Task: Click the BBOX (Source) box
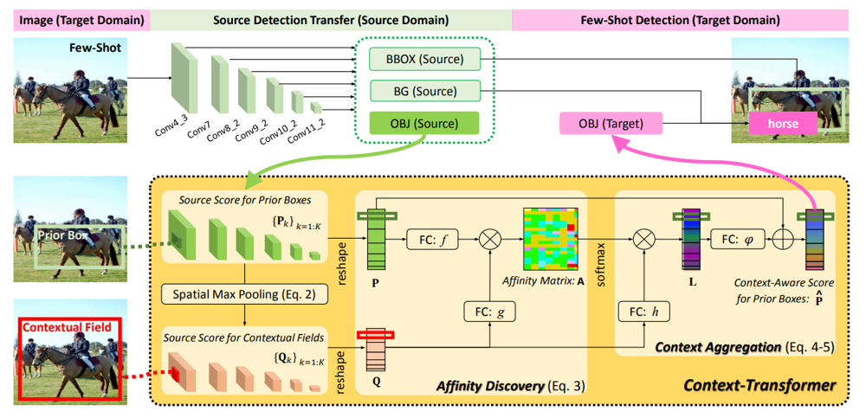(x=424, y=57)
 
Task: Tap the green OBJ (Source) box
(x=424, y=123)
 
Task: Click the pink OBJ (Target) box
(x=611, y=123)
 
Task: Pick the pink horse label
(x=783, y=124)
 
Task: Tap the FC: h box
(x=644, y=312)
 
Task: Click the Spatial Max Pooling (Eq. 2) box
(x=244, y=294)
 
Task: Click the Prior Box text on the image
(x=59, y=235)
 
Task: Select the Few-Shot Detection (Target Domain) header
(x=681, y=21)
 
